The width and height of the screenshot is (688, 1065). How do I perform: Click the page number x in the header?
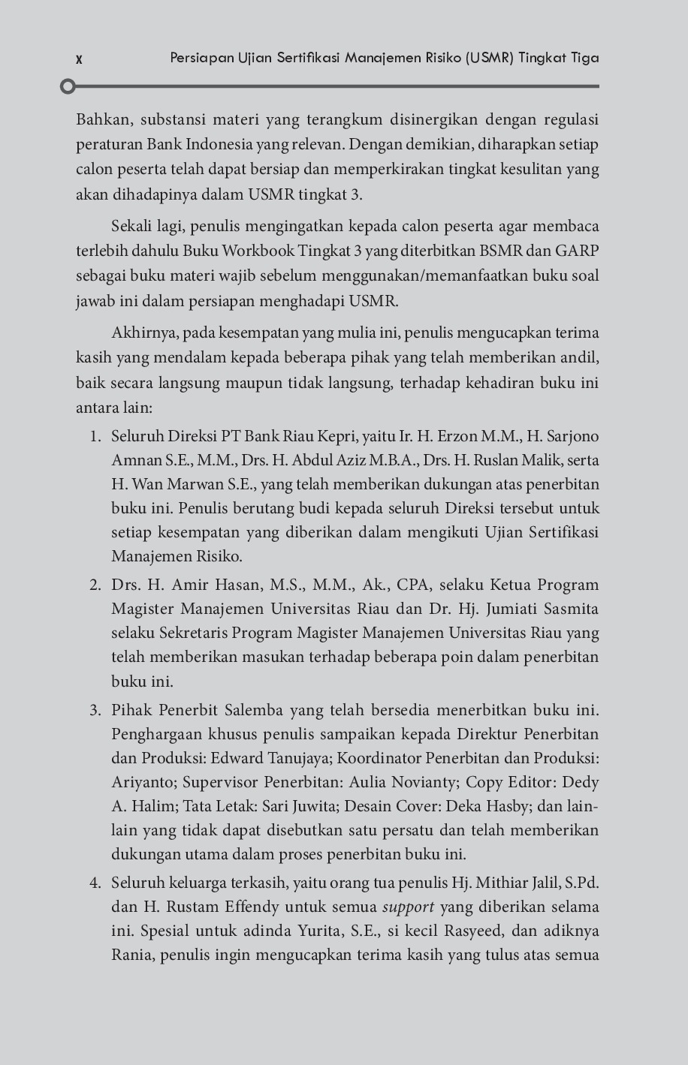click(79, 59)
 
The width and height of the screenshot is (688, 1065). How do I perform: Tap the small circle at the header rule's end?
click(68, 86)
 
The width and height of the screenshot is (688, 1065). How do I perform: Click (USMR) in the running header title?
click(490, 58)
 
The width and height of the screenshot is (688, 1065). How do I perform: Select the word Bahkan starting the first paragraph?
click(103, 119)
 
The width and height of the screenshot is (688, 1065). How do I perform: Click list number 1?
click(95, 437)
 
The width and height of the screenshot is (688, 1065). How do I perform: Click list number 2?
click(95, 585)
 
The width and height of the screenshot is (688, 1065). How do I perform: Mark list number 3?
click(95, 711)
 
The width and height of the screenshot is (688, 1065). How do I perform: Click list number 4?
click(95, 883)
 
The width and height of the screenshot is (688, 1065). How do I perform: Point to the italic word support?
click(408, 907)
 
